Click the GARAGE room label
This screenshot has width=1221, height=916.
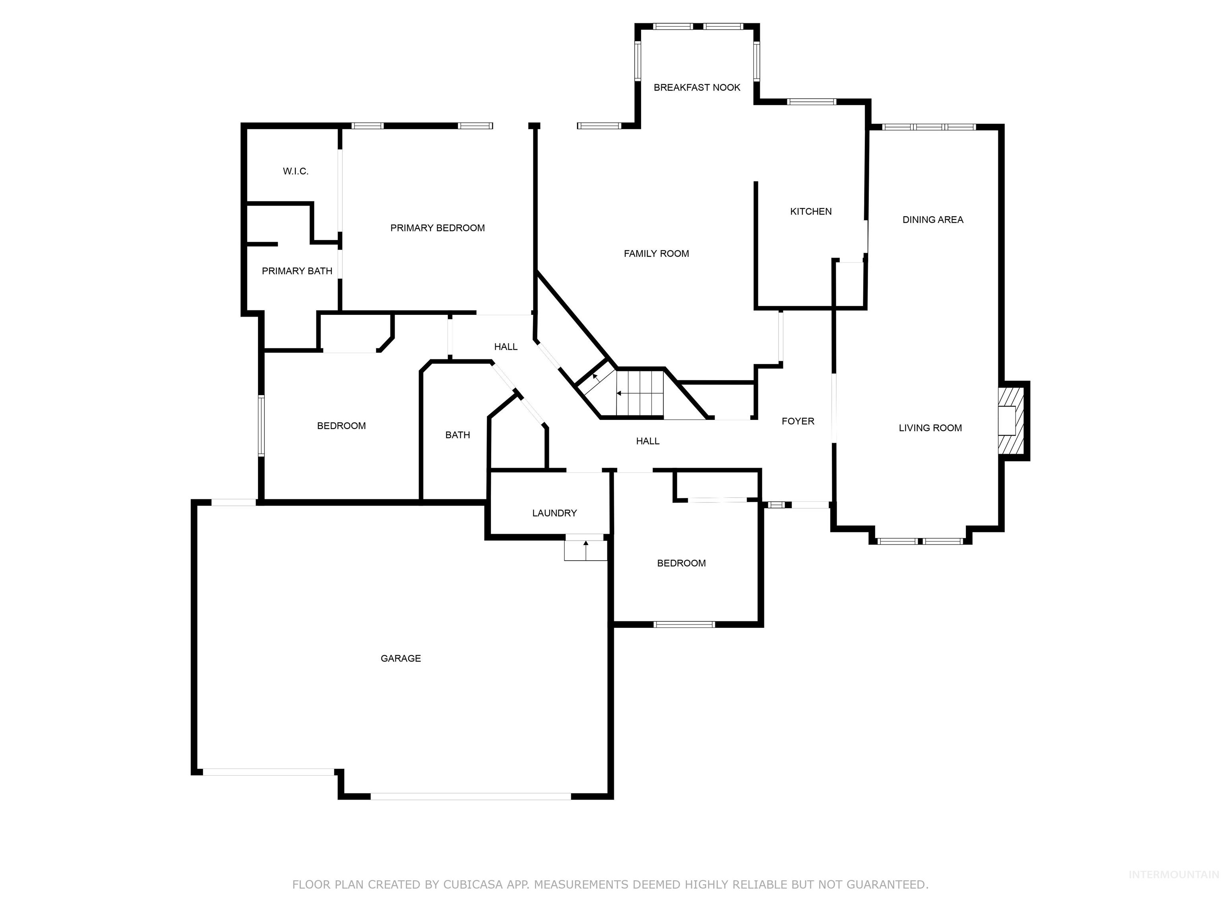[x=401, y=658]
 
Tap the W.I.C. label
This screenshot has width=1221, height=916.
[x=295, y=171]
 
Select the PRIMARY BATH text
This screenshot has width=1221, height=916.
[x=297, y=271]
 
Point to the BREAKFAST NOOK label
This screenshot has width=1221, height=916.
[x=697, y=87]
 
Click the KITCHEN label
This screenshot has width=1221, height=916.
[x=810, y=211]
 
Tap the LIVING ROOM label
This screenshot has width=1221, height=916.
[x=930, y=427]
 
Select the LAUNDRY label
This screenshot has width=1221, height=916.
[x=554, y=513]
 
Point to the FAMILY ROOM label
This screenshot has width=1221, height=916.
[x=656, y=253]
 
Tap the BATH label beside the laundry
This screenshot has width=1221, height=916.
[x=457, y=435]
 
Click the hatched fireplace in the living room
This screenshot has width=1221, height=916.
[x=1011, y=421]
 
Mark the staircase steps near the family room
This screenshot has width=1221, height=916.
[x=639, y=393]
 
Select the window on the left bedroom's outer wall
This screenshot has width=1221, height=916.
[x=261, y=425]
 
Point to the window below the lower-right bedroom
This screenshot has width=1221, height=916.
[x=684, y=625]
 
